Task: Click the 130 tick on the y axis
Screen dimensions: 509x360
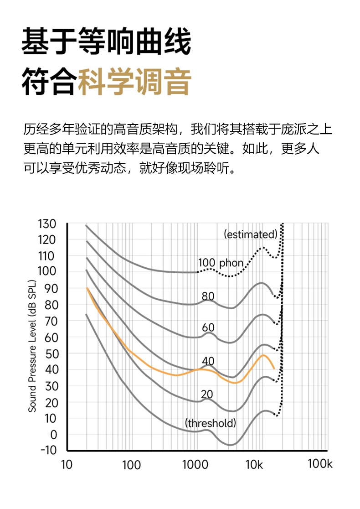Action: [x=47, y=224]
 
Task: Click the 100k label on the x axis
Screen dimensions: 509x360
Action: [x=320, y=464]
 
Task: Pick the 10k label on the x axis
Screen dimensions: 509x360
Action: [x=254, y=465]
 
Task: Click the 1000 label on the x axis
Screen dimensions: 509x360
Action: [x=195, y=465]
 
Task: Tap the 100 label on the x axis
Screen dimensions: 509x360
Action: [x=131, y=465]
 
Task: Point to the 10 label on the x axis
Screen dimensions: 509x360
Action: [x=67, y=465]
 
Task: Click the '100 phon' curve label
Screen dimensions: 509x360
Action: [x=221, y=263]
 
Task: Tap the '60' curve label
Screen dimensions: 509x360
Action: [x=208, y=327]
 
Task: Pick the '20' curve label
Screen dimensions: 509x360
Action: [x=206, y=394]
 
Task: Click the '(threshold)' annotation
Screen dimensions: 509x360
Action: [x=211, y=423]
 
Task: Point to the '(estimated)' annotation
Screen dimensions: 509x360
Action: [x=251, y=234]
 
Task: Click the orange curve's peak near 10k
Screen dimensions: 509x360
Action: [x=263, y=355]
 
